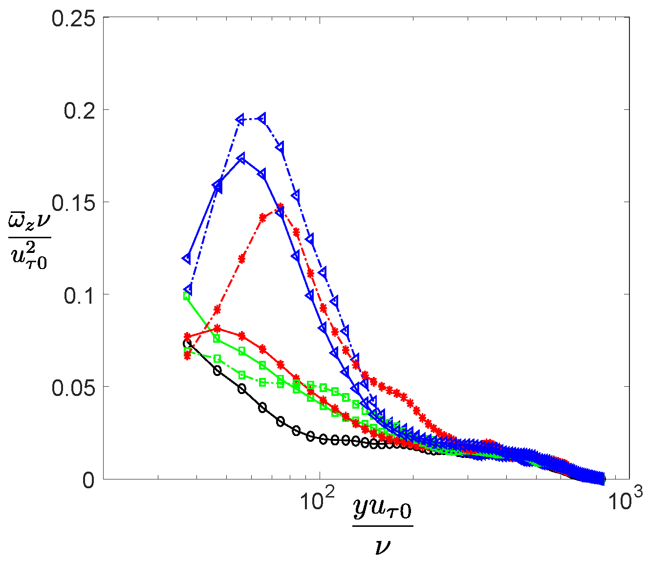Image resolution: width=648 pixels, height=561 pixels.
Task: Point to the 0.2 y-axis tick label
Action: tap(81, 110)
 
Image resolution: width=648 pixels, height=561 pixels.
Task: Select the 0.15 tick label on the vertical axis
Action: tap(76, 203)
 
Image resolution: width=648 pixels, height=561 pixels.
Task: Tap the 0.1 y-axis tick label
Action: tap(81, 295)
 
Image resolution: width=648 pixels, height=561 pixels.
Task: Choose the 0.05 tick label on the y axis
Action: tap(76, 387)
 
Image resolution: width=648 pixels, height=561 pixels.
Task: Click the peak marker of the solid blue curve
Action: tap(241, 159)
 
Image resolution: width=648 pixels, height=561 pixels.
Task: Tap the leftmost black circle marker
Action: tap(187, 343)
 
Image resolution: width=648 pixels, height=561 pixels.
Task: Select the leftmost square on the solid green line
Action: tap(187, 296)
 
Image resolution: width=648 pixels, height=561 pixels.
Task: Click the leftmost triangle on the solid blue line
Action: tap(187, 258)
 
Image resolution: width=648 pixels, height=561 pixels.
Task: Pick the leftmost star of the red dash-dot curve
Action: tap(187, 356)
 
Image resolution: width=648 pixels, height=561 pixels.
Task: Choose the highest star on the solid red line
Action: tap(217, 328)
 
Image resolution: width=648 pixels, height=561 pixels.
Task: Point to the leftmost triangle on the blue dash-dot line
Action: tap(188, 290)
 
